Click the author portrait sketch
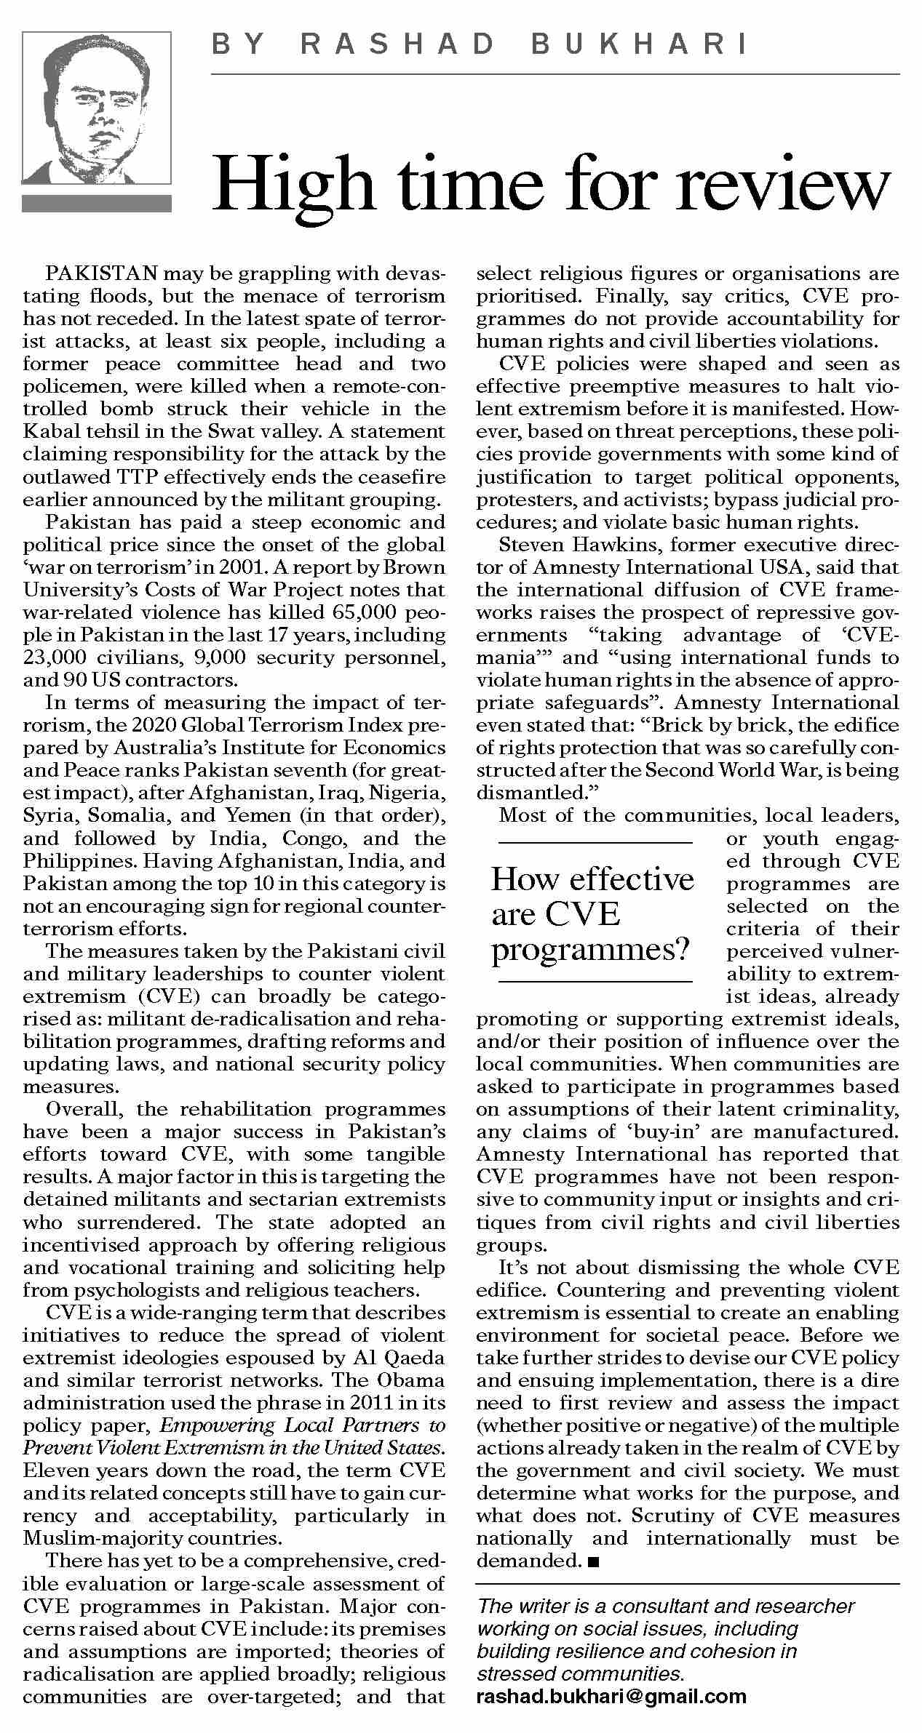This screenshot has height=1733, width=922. (97, 108)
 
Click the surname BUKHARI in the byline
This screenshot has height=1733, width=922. (640, 45)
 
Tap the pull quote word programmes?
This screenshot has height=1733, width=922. (590, 950)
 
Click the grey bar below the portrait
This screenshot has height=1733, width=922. (97, 203)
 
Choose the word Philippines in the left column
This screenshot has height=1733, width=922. (79, 860)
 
